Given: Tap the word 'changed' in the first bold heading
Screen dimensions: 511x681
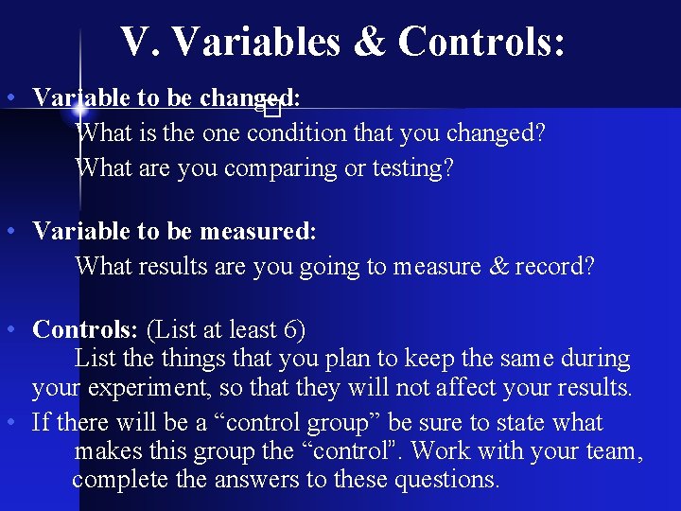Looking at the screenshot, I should [x=248, y=97].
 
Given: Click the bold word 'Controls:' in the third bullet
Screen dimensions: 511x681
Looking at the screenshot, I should [x=85, y=329].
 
